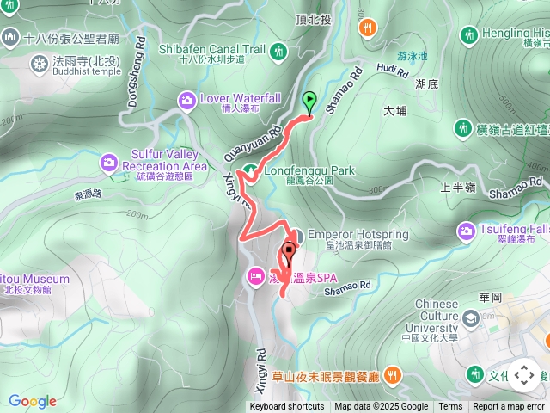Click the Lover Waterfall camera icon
tap(186, 102)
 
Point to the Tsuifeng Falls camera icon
tap(467, 230)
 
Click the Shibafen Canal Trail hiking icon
tap(278, 52)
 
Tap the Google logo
tap(33, 401)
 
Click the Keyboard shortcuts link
tap(287, 407)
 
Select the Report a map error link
tap(509, 407)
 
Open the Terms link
tap(450, 407)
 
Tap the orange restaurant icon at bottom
tap(392, 374)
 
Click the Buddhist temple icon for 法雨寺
tap(39, 63)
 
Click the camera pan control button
tap(523, 375)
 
